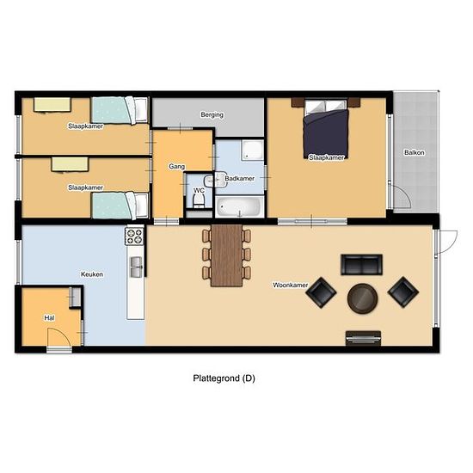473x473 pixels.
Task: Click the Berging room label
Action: point(212,115)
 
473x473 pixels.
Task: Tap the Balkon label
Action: point(415,152)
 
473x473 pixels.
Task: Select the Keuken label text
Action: point(92,274)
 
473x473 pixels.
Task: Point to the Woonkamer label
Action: point(290,285)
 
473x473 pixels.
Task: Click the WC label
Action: point(199,191)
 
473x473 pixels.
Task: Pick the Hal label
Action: point(50,318)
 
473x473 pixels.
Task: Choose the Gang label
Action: point(177,166)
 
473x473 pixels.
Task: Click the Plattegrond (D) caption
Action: point(224,378)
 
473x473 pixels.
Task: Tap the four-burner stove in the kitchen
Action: point(134,236)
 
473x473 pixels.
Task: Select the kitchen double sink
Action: point(136,267)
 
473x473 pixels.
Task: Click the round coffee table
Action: point(362,298)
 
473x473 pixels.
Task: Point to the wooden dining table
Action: point(226,255)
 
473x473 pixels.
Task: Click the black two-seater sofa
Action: point(362,265)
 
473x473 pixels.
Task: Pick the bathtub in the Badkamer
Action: point(240,206)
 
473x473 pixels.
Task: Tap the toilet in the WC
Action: point(199,200)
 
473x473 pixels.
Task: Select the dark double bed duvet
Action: point(326,134)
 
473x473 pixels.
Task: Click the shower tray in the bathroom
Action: point(252,150)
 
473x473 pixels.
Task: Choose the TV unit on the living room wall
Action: point(363,338)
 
